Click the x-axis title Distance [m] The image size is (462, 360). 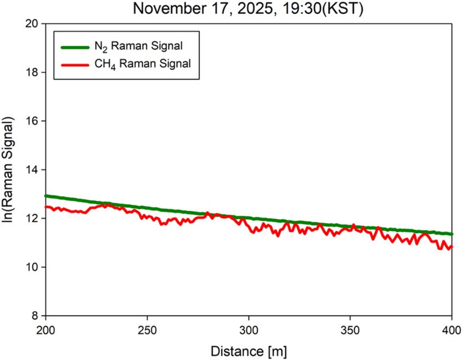(x=248, y=350)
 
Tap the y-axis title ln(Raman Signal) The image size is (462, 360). (x=10, y=170)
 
